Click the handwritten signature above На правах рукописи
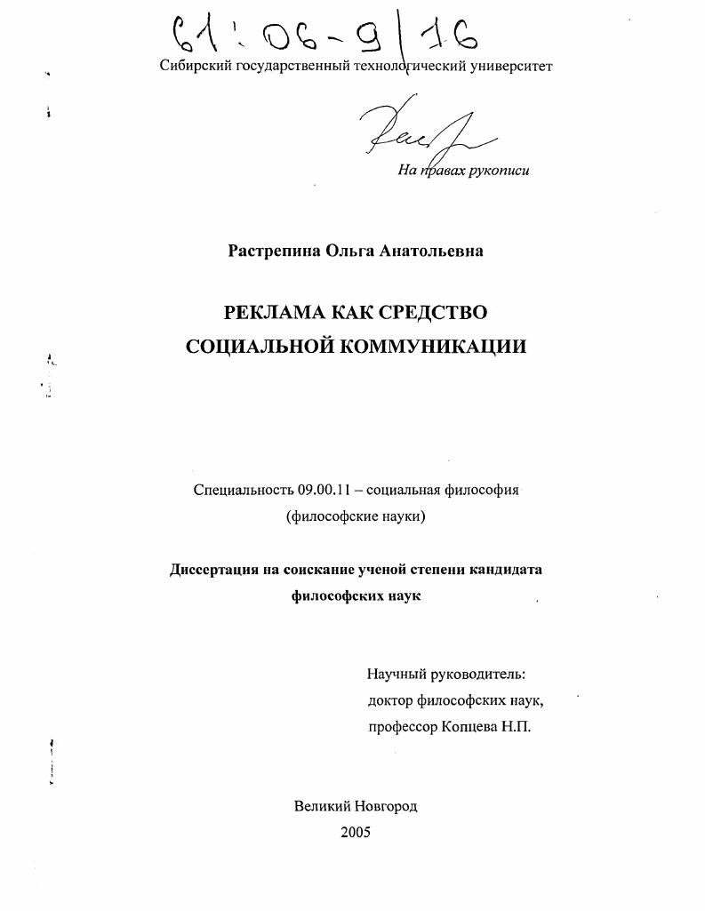418,133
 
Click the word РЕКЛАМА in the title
275,313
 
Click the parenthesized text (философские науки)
356,517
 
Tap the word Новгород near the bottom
385,806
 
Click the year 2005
356,833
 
